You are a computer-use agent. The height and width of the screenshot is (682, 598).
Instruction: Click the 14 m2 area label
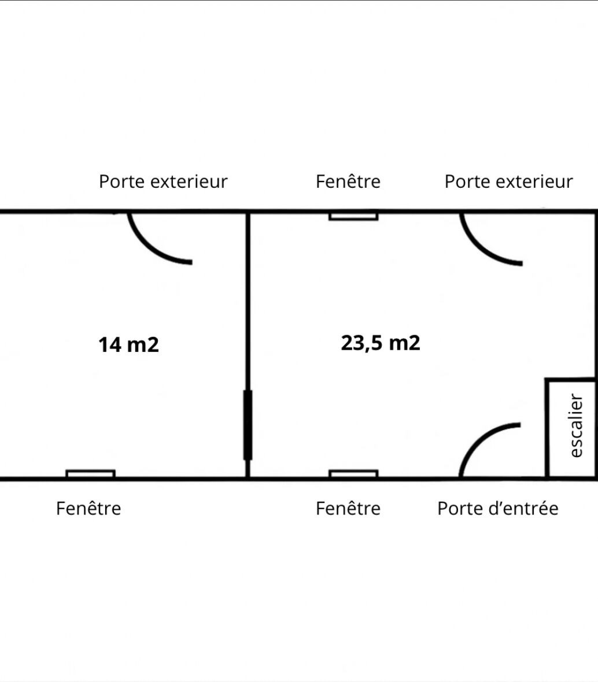[128, 344]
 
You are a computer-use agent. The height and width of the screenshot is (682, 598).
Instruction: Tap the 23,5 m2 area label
[381, 343]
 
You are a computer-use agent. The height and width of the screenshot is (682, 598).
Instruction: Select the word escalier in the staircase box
[576, 425]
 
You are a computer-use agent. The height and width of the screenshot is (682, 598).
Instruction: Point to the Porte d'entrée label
[497, 508]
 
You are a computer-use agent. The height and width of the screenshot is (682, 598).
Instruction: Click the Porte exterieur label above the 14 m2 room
[163, 181]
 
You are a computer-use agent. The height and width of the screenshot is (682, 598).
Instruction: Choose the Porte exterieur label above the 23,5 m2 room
[508, 181]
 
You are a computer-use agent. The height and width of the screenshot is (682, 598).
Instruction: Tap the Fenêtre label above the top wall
[348, 181]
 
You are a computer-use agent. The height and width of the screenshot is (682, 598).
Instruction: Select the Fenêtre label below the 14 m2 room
[88, 508]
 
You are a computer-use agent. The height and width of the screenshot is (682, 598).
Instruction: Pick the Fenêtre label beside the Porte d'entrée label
[348, 508]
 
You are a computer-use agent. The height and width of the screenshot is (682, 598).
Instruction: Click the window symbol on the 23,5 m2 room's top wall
[353, 216]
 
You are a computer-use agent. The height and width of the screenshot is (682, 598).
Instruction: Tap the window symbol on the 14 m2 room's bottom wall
[91, 474]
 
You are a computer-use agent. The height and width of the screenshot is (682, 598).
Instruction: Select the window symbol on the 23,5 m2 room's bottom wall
[353, 474]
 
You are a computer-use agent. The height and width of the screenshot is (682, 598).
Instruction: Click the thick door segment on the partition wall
[248, 425]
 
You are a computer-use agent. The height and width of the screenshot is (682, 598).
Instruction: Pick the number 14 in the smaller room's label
[110, 344]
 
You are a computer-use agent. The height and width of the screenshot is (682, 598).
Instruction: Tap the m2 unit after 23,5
[404, 343]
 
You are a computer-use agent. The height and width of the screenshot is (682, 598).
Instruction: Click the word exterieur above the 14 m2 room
[189, 181]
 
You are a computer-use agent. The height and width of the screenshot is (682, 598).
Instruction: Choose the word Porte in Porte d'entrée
[457, 508]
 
